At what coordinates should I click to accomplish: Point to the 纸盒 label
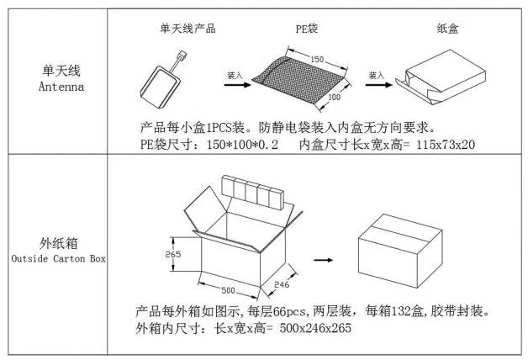pos(447,28)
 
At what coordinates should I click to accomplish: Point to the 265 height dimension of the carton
pos(172,253)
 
